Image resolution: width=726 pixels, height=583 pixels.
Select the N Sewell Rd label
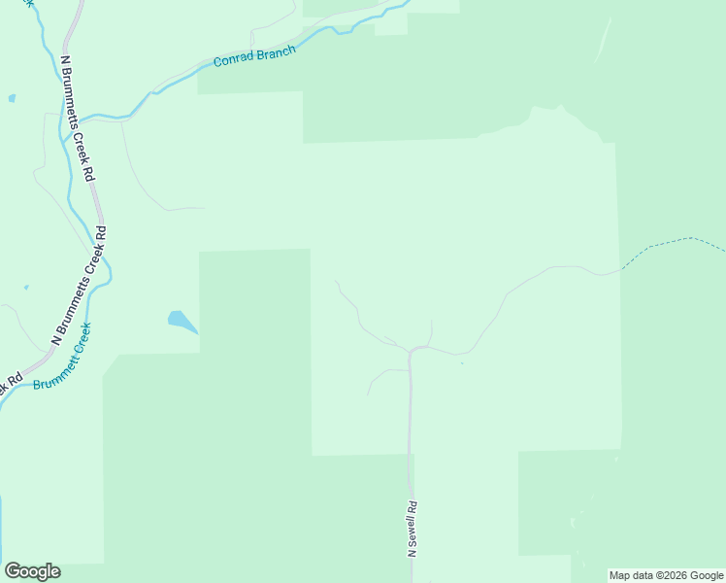point(412,529)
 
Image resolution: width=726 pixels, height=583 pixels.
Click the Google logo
point(32,571)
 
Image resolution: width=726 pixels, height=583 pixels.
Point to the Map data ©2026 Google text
point(666,575)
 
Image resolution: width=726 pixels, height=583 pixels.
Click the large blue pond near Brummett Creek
point(181,321)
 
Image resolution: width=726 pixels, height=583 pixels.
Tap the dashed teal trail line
point(670,242)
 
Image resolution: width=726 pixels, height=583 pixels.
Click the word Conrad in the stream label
point(234,59)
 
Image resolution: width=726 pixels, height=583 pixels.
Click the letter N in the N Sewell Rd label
point(412,553)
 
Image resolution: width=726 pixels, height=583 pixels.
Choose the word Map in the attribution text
point(620,575)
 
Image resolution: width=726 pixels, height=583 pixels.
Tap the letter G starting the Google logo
point(13,571)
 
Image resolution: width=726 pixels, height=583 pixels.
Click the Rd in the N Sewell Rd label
point(412,506)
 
